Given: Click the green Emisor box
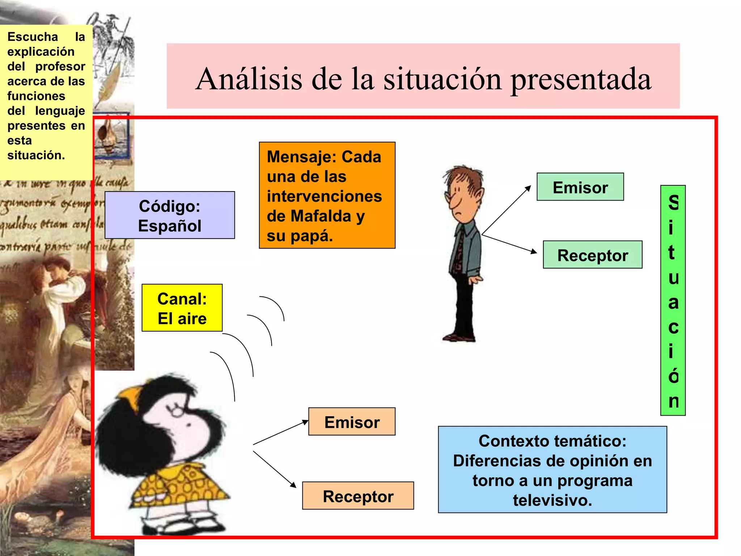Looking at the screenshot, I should tap(580, 187).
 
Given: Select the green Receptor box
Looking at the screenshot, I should tap(592, 255).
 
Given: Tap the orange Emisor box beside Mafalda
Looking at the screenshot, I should tap(352, 422).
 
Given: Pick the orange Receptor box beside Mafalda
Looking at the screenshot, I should tap(358, 496).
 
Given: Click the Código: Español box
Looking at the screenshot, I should tap(170, 215).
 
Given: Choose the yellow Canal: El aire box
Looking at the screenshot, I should tap(182, 308).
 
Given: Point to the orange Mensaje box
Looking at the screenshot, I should tap(327, 195).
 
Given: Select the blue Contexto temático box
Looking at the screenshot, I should tap(552, 469).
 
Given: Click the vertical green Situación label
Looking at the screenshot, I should tap(673, 300).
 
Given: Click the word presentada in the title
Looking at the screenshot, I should tap(581, 80).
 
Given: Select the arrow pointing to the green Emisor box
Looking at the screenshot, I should tap(507, 210).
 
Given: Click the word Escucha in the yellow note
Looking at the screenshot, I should tap(33, 37).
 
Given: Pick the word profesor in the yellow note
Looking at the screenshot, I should tap(60, 67).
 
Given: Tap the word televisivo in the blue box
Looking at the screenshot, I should tap(552, 500).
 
